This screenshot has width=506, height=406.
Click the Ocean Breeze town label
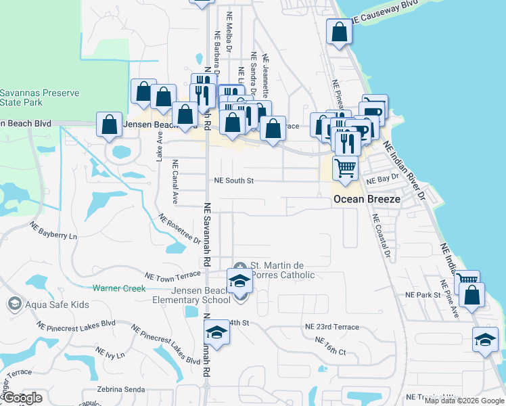(x=367, y=200)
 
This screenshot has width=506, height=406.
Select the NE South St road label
(x=233, y=181)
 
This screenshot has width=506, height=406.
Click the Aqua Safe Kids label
(x=57, y=304)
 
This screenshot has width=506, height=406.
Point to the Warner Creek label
(x=119, y=288)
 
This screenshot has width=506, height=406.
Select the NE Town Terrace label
(x=173, y=275)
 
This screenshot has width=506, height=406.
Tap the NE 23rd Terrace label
(x=332, y=326)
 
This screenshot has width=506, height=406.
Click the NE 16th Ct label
(x=330, y=346)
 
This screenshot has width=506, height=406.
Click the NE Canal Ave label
(x=175, y=183)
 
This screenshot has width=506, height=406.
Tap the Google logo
(x=22, y=398)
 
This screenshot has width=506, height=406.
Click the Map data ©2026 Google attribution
(x=464, y=401)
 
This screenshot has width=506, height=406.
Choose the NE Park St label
(x=423, y=295)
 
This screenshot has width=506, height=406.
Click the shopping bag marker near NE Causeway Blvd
(x=339, y=31)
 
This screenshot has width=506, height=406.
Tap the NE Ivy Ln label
(x=111, y=354)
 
